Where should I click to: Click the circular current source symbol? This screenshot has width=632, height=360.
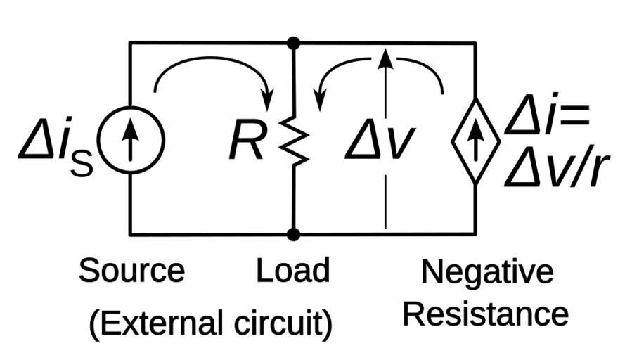[x=130, y=140]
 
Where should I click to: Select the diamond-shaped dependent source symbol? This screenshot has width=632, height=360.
[x=475, y=140]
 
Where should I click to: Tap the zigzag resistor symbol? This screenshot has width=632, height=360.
[x=294, y=141]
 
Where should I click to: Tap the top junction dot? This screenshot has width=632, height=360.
[x=294, y=44]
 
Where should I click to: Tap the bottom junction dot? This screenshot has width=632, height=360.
[x=294, y=234]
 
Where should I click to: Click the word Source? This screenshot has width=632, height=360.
[x=131, y=271]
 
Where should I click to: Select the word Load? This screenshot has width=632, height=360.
[x=292, y=271]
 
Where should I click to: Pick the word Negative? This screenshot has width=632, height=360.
[x=487, y=272]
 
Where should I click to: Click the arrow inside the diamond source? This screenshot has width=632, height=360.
[x=475, y=140]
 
